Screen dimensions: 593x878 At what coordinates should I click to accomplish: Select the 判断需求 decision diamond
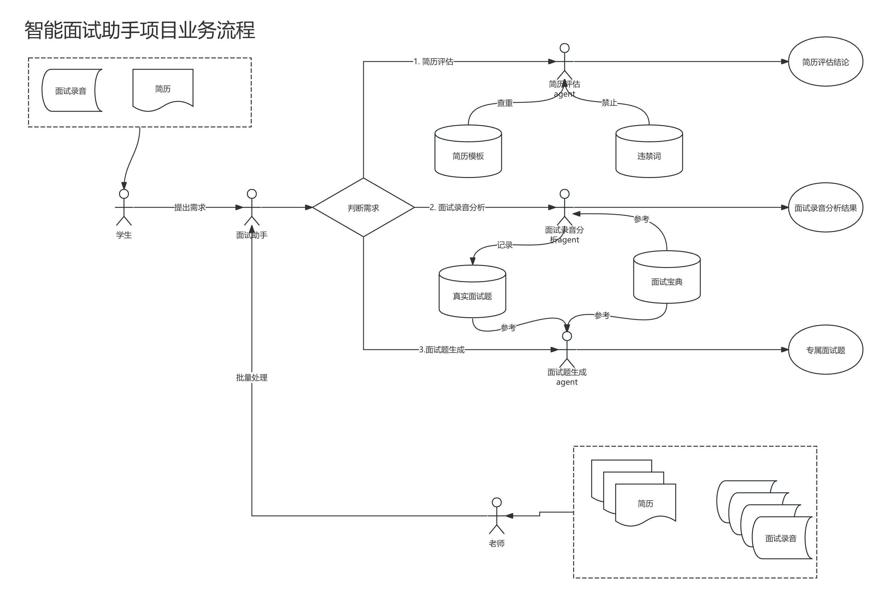[363, 207]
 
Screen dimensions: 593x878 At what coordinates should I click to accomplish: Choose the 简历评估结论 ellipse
[825, 62]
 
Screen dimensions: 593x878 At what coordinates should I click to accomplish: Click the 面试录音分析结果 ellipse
[825, 207]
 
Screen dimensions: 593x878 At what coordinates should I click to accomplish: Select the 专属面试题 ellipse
[825, 350]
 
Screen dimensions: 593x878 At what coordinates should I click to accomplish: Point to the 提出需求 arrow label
[190, 207]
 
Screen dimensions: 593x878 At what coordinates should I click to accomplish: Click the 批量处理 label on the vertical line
[252, 377]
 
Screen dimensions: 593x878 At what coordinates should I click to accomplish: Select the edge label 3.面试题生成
[441, 350]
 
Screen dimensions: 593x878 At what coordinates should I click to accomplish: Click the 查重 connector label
[504, 103]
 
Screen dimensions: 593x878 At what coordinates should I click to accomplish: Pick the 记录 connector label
[504, 245]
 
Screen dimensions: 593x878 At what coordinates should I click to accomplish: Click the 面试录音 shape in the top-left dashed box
[71, 91]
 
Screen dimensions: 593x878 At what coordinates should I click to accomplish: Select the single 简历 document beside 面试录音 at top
[163, 89]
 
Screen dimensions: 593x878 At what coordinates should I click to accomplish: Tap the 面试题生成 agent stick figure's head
[567, 336]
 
